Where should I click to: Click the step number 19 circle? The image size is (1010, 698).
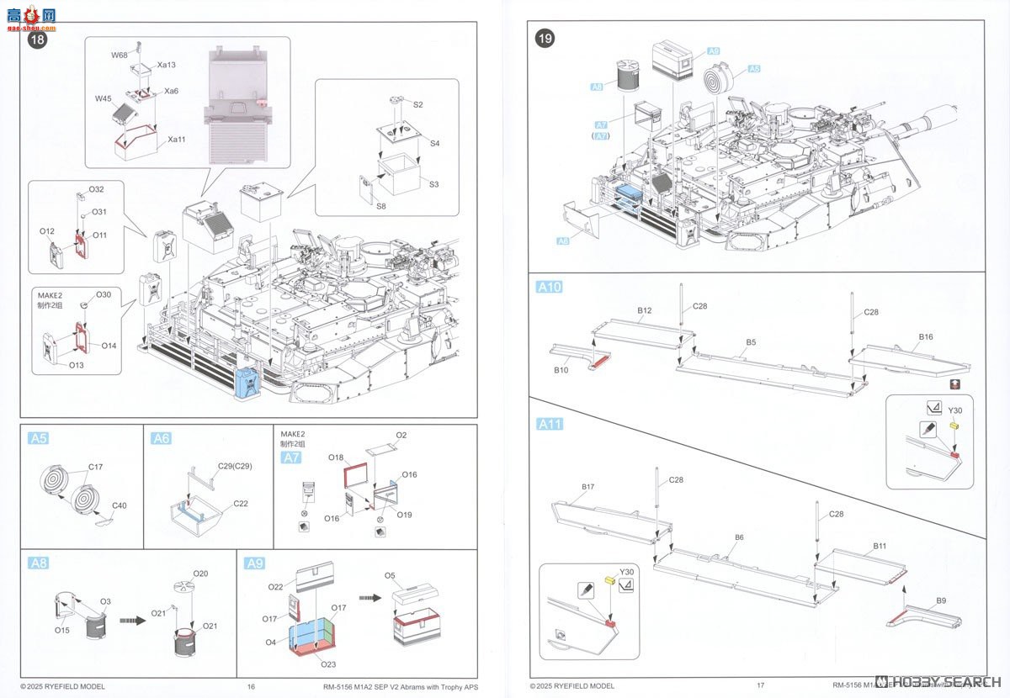545,38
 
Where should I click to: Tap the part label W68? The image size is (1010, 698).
119,56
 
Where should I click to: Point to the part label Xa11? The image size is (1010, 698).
177,139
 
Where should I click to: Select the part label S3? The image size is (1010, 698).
434,183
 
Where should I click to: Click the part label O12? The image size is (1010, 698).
47,230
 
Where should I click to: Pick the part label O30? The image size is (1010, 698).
103,294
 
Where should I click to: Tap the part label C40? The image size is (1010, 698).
120,505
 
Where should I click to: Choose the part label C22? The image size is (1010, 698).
241,504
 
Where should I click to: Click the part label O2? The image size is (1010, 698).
401,435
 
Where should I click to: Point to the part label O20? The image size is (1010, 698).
199,574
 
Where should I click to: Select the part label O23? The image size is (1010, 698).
331,663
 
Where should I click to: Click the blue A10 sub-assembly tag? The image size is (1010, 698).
549,287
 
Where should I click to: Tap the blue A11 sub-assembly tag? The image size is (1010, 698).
549,424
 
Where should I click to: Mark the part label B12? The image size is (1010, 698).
645,310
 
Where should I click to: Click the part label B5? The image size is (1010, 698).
751,342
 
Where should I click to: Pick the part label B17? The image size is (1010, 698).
587,487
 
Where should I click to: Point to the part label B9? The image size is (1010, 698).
941,600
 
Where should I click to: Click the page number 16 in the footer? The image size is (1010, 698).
251,686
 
